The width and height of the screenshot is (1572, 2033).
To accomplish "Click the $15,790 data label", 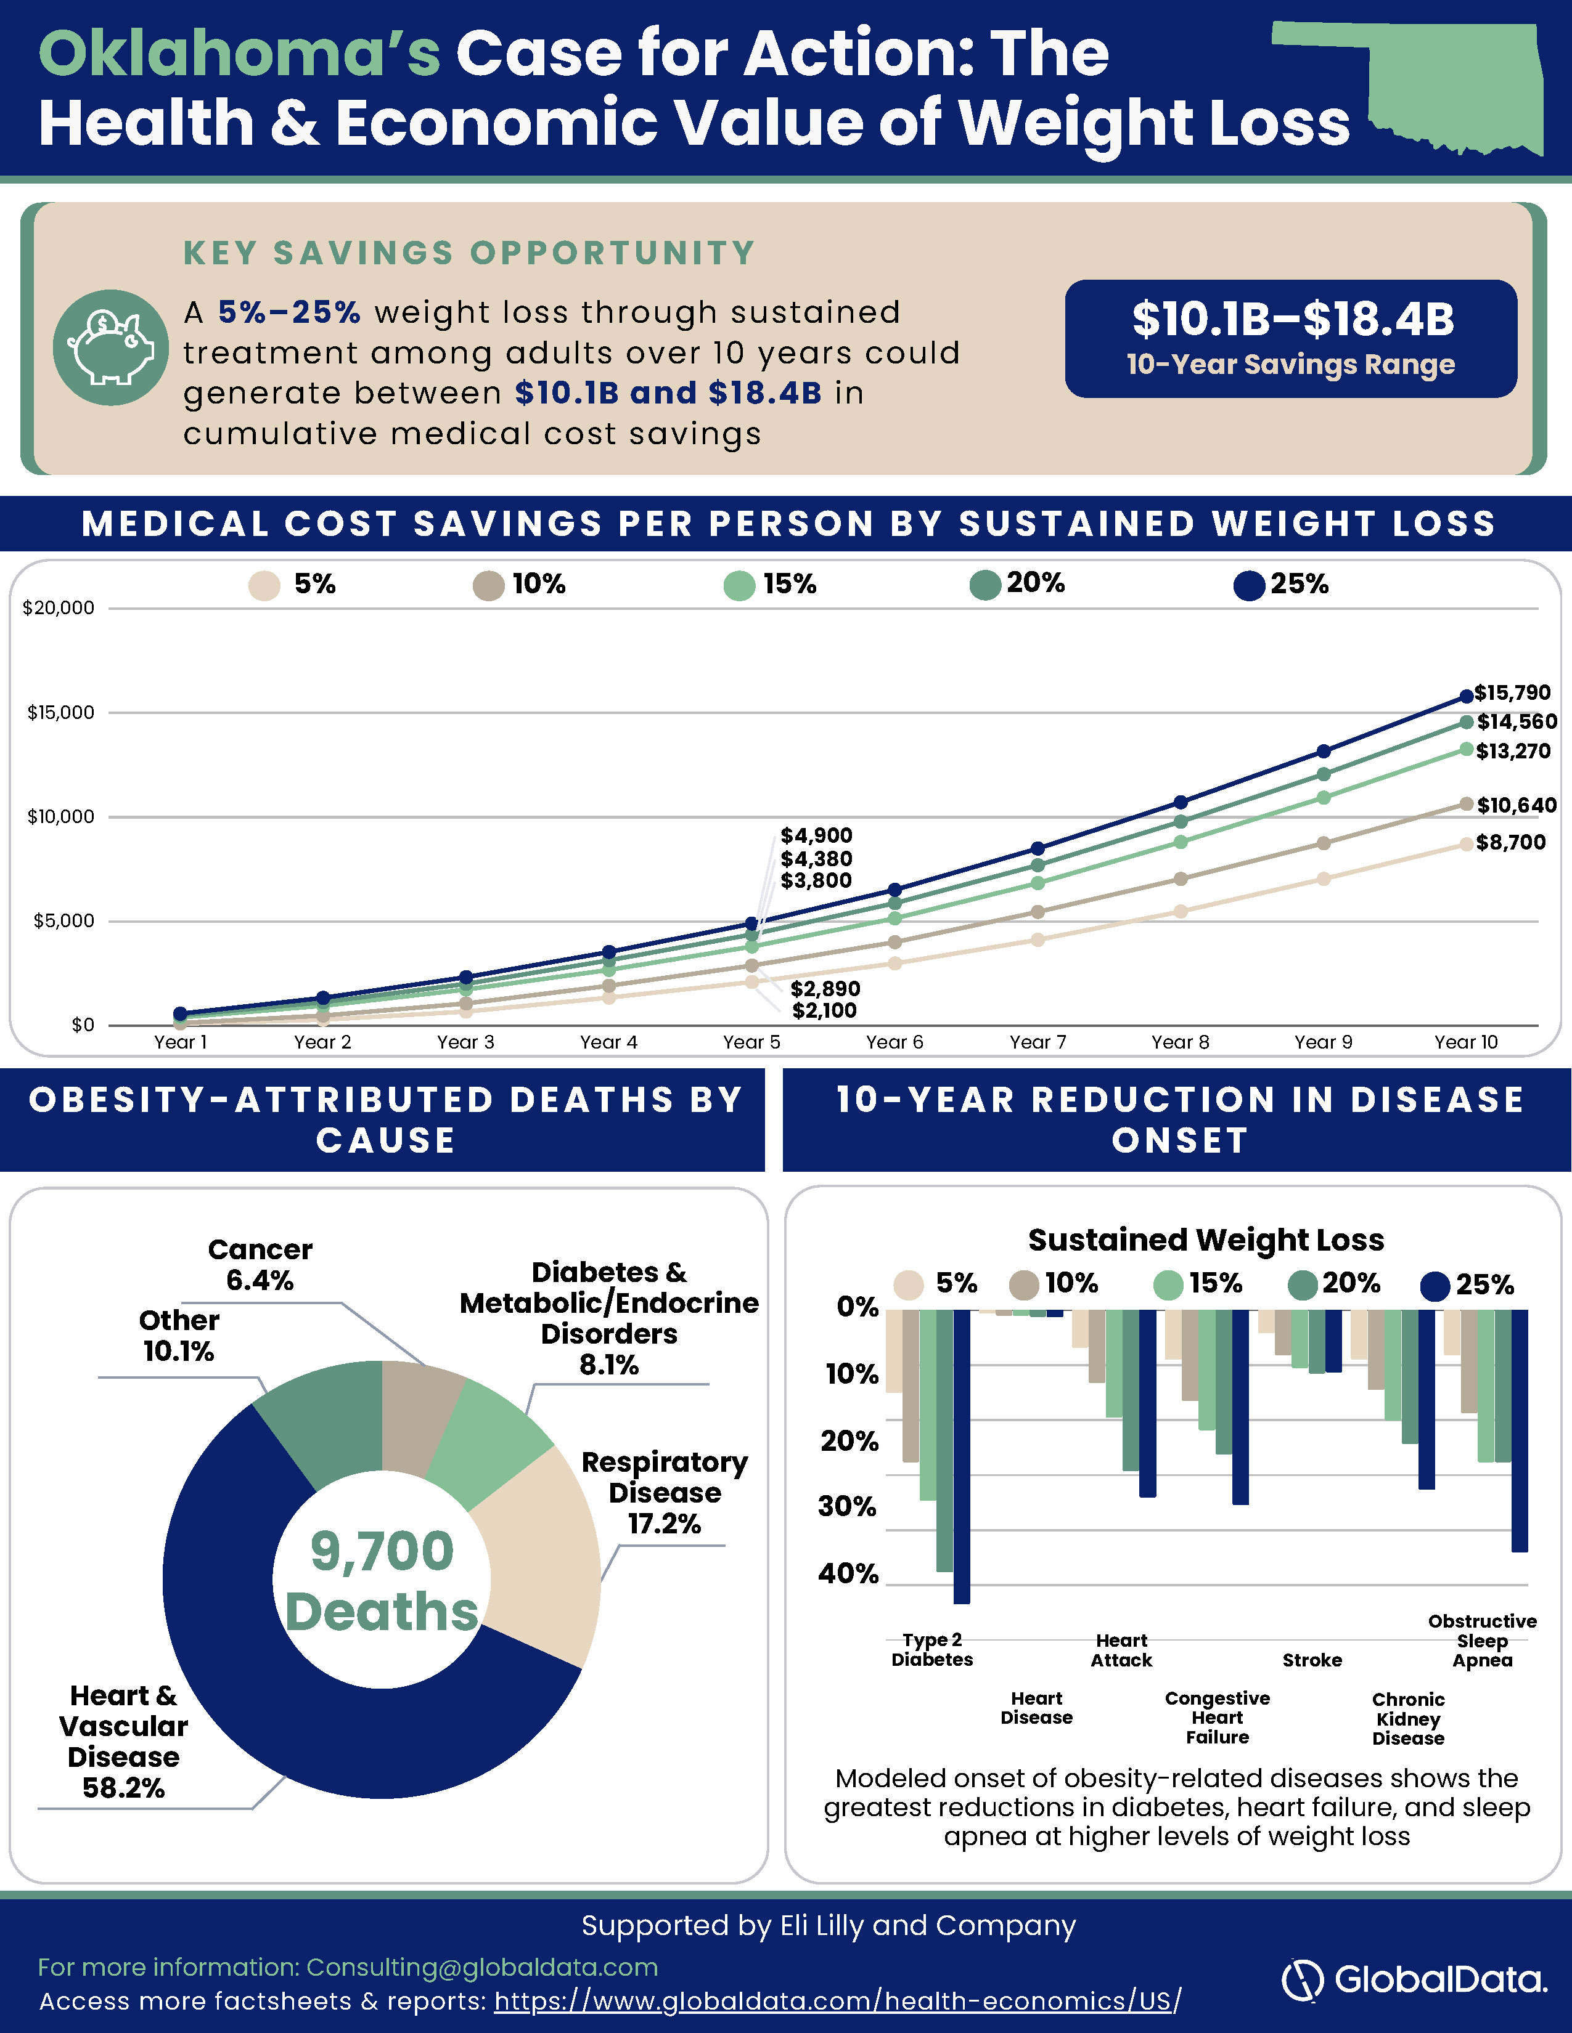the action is pyautogui.click(x=1512, y=692).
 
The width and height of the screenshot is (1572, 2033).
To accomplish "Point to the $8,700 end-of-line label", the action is pyautogui.click(x=1510, y=842).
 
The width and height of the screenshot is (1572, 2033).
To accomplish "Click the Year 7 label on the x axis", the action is pyautogui.click(x=1038, y=1042).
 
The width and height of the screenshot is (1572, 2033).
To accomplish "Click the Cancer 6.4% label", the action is pyautogui.click(x=260, y=1264).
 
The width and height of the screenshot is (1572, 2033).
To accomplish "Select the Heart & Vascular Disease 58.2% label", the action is pyautogui.click(x=123, y=1741).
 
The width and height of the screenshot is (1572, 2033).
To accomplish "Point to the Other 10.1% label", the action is pyautogui.click(x=179, y=1335).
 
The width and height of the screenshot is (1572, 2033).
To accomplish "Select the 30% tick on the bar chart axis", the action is pyautogui.click(x=848, y=1506).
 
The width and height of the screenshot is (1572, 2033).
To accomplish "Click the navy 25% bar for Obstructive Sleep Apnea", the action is pyautogui.click(x=1520, y=1430).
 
